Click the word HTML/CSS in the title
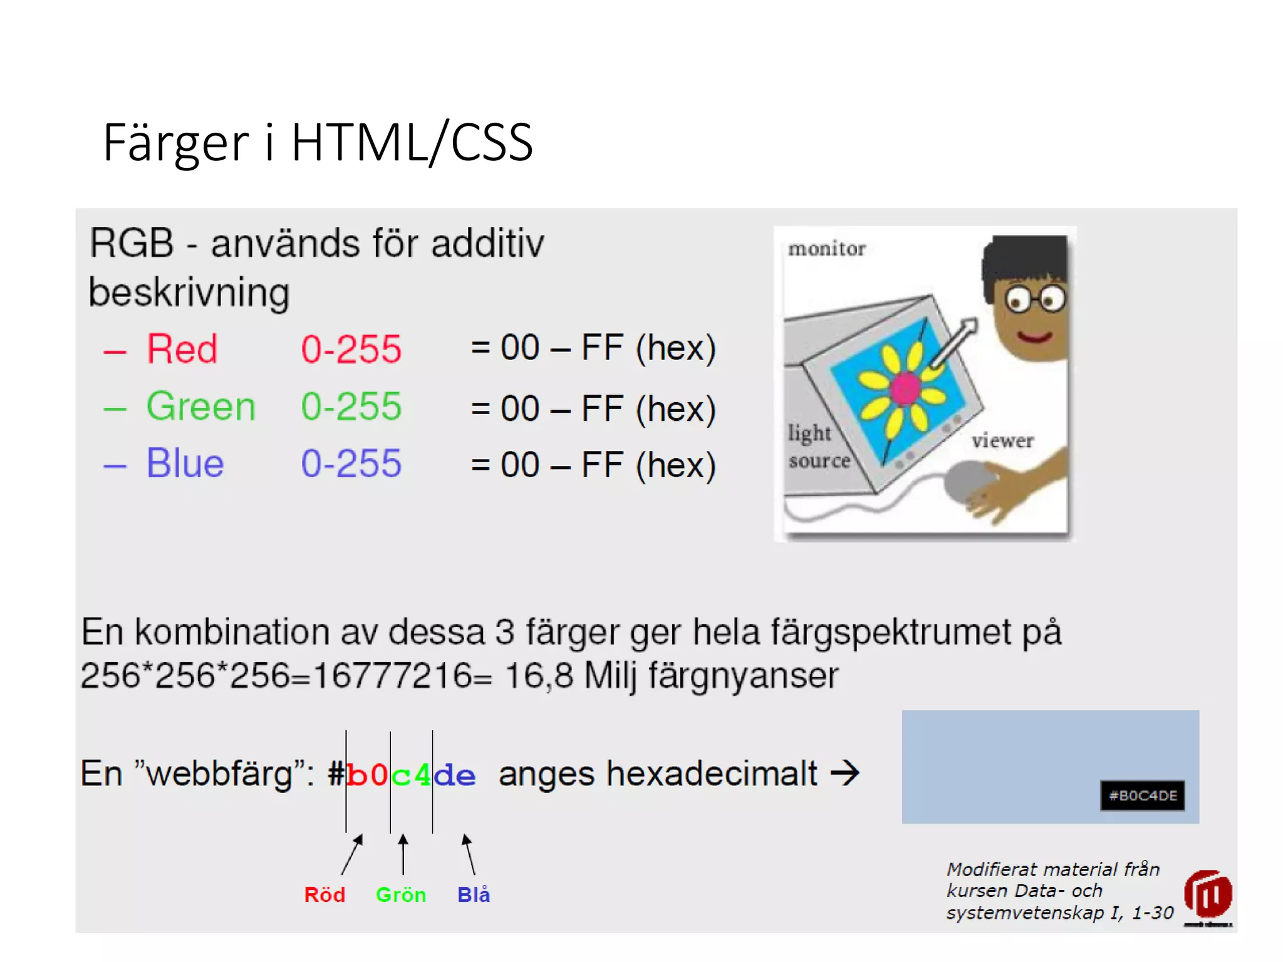click(412, 143)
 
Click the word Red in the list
click(182, 349)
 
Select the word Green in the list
click(200, 406)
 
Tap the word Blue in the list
click(185, 463)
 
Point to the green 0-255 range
click(351, 406)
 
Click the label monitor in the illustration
click(826, 249)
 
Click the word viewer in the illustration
click(1002, 440)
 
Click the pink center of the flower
click(904, 389)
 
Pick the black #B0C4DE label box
click(1142, 795)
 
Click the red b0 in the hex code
click(367, 775)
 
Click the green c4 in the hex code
click(411, 775)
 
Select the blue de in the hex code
click(455, 775)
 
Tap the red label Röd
click(325, 894)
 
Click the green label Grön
click(400, 894)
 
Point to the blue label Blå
click(474, 894)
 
